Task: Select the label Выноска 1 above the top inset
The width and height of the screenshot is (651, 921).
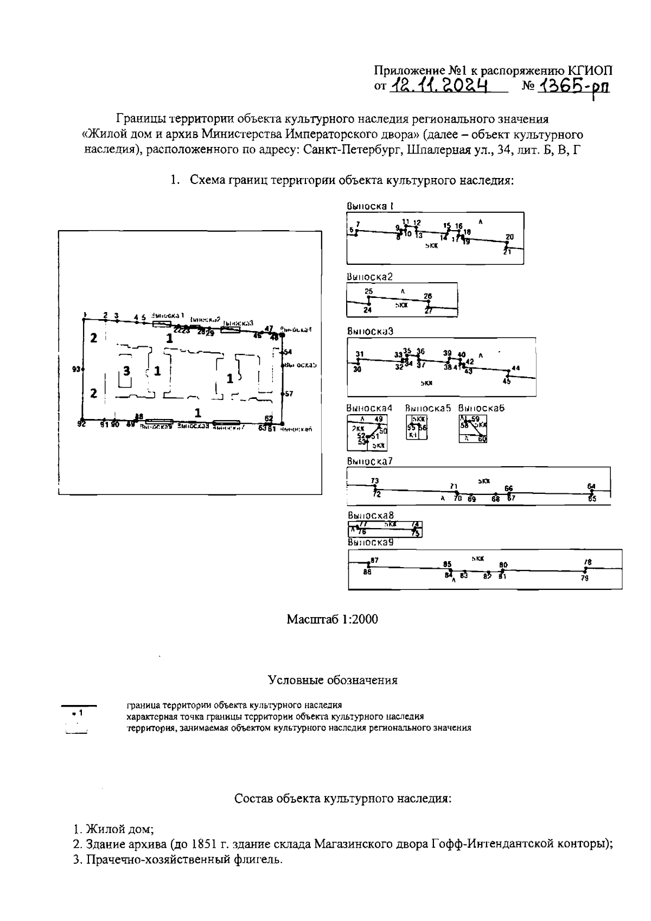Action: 370,206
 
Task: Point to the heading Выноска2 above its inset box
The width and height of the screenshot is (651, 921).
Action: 369,277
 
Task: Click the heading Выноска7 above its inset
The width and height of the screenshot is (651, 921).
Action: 369,462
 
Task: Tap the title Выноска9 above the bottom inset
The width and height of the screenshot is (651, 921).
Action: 370,542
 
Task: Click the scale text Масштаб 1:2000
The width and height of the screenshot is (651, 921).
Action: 332,619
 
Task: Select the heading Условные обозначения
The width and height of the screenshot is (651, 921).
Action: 333,680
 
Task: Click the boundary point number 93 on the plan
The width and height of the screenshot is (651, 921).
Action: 76,370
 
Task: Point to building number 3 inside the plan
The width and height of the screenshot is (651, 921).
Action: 126,371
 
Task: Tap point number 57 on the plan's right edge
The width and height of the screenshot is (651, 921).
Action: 289,394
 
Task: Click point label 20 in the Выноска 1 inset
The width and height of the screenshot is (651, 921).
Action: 509,237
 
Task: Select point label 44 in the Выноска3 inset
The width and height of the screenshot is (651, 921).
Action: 515,368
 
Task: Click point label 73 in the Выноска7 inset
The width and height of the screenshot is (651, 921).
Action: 375,481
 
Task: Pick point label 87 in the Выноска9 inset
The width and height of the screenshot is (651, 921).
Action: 374,560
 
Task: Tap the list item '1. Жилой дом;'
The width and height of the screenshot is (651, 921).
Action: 114,829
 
